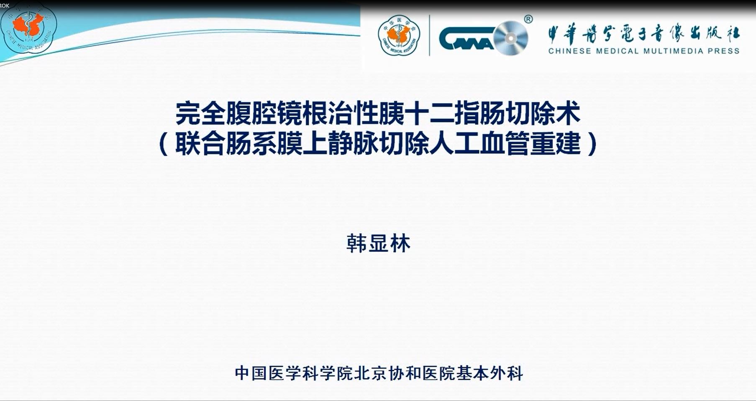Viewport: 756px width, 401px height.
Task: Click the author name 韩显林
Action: tap(378, 243)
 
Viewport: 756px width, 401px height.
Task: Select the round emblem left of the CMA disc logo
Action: tap(399, 36)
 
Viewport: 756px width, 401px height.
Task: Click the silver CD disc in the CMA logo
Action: tap(510, 38)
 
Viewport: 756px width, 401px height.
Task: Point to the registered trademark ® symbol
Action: tap(528, 19)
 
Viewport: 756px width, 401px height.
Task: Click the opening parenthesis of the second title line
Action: tap(164, 144)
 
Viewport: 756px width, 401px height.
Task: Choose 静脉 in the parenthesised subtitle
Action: tap(353, 144)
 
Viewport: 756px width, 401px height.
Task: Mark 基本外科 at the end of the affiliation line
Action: tap(489, 373)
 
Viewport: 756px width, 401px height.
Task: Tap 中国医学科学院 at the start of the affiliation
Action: tap(294, 373)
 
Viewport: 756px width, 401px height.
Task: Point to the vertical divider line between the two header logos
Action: tap(430, 36)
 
